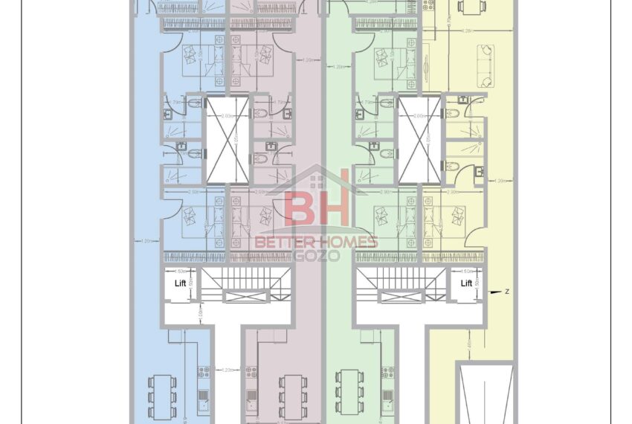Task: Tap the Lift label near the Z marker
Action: (x=466, y=283)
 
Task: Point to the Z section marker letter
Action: (x=506, y=292)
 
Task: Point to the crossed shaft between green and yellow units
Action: (x=418, y=141)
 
